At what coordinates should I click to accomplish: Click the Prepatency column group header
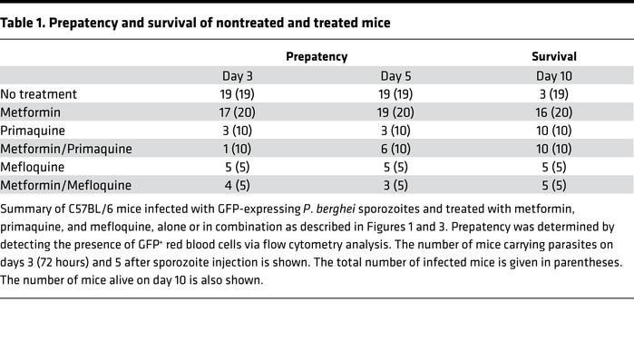[x=317, y=56]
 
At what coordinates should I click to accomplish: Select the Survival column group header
[x=553, y=56]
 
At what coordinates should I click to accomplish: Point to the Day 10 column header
[x=553, y=76]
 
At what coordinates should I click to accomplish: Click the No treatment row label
[x=39, y=93]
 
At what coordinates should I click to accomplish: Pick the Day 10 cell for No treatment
[x=553, y=94]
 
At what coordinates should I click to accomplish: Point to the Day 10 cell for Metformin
[x=553, y=112]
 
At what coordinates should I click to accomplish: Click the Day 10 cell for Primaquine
[x=553, y=131]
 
